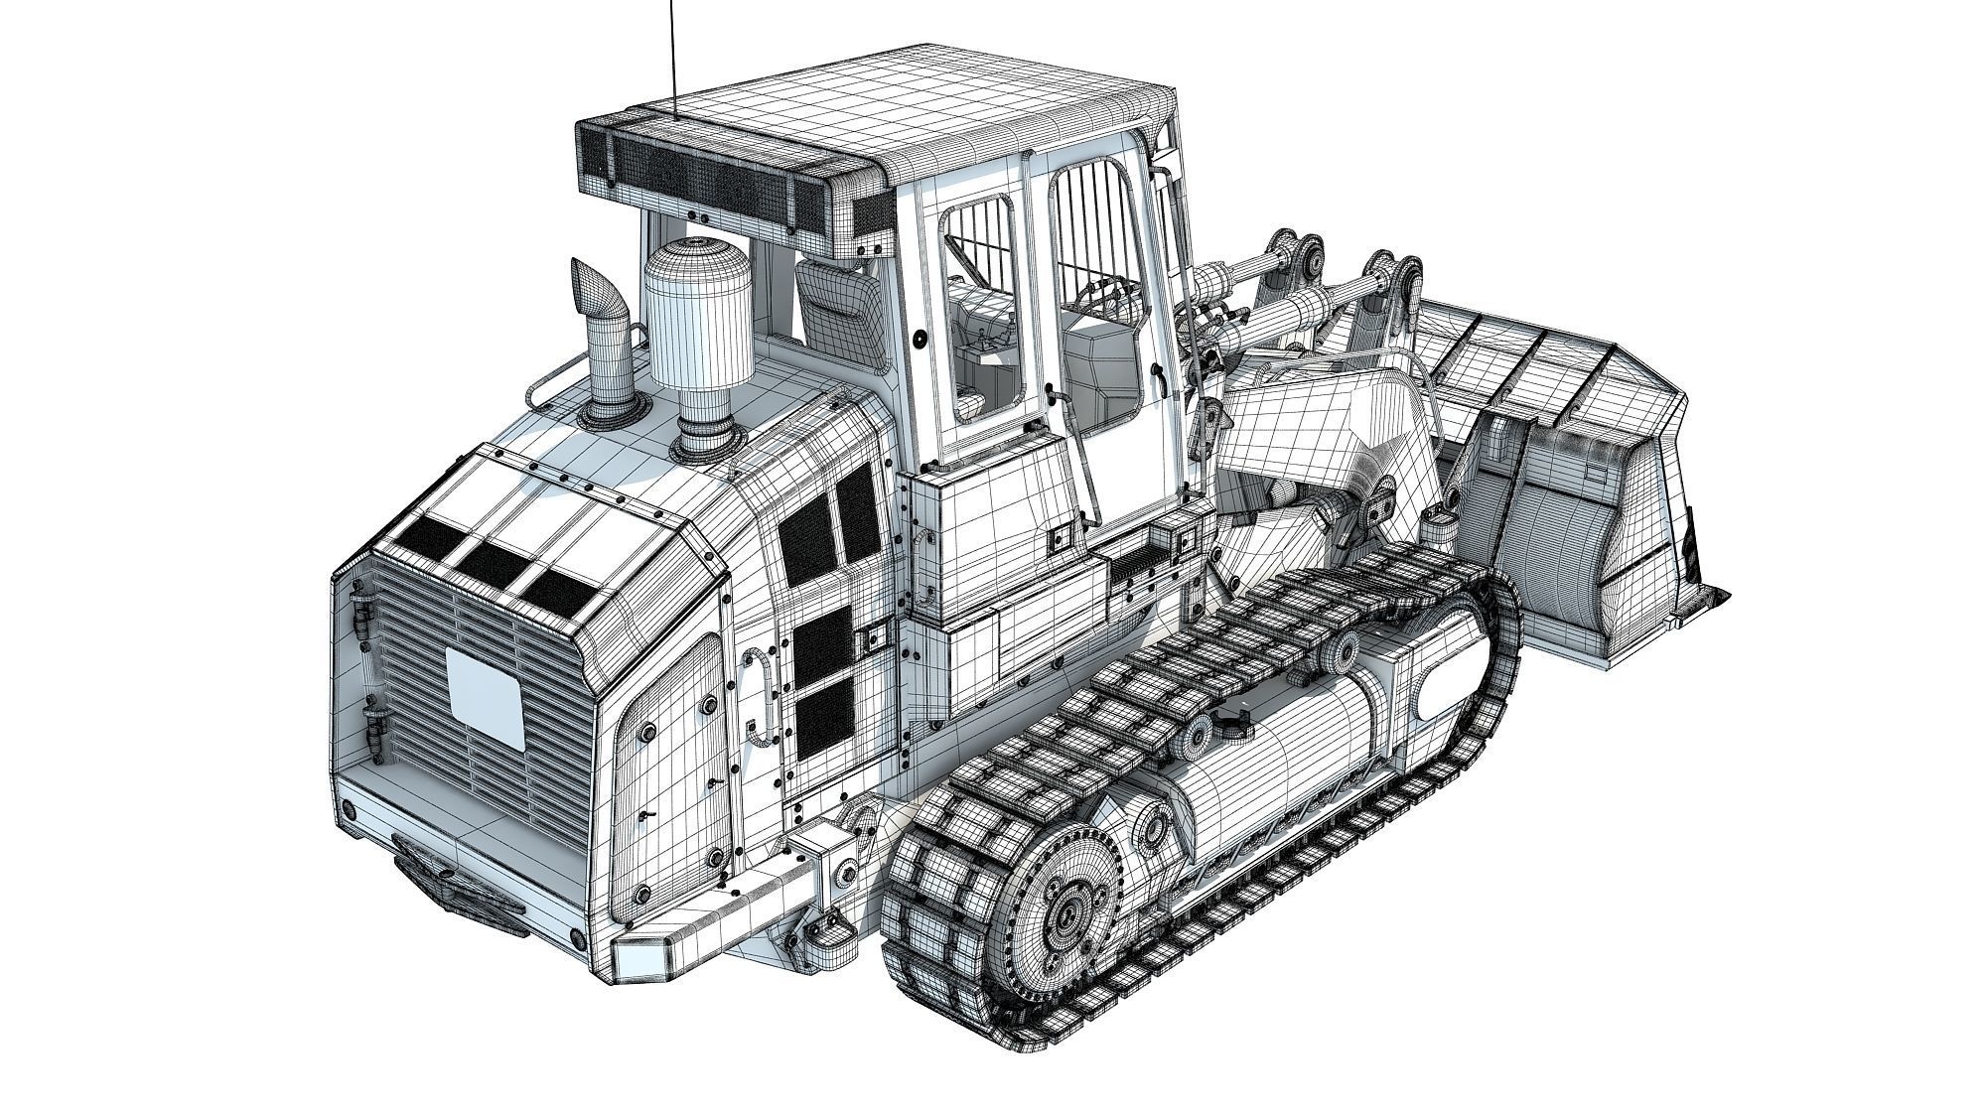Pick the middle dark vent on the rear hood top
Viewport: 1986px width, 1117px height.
coord(495,563)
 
